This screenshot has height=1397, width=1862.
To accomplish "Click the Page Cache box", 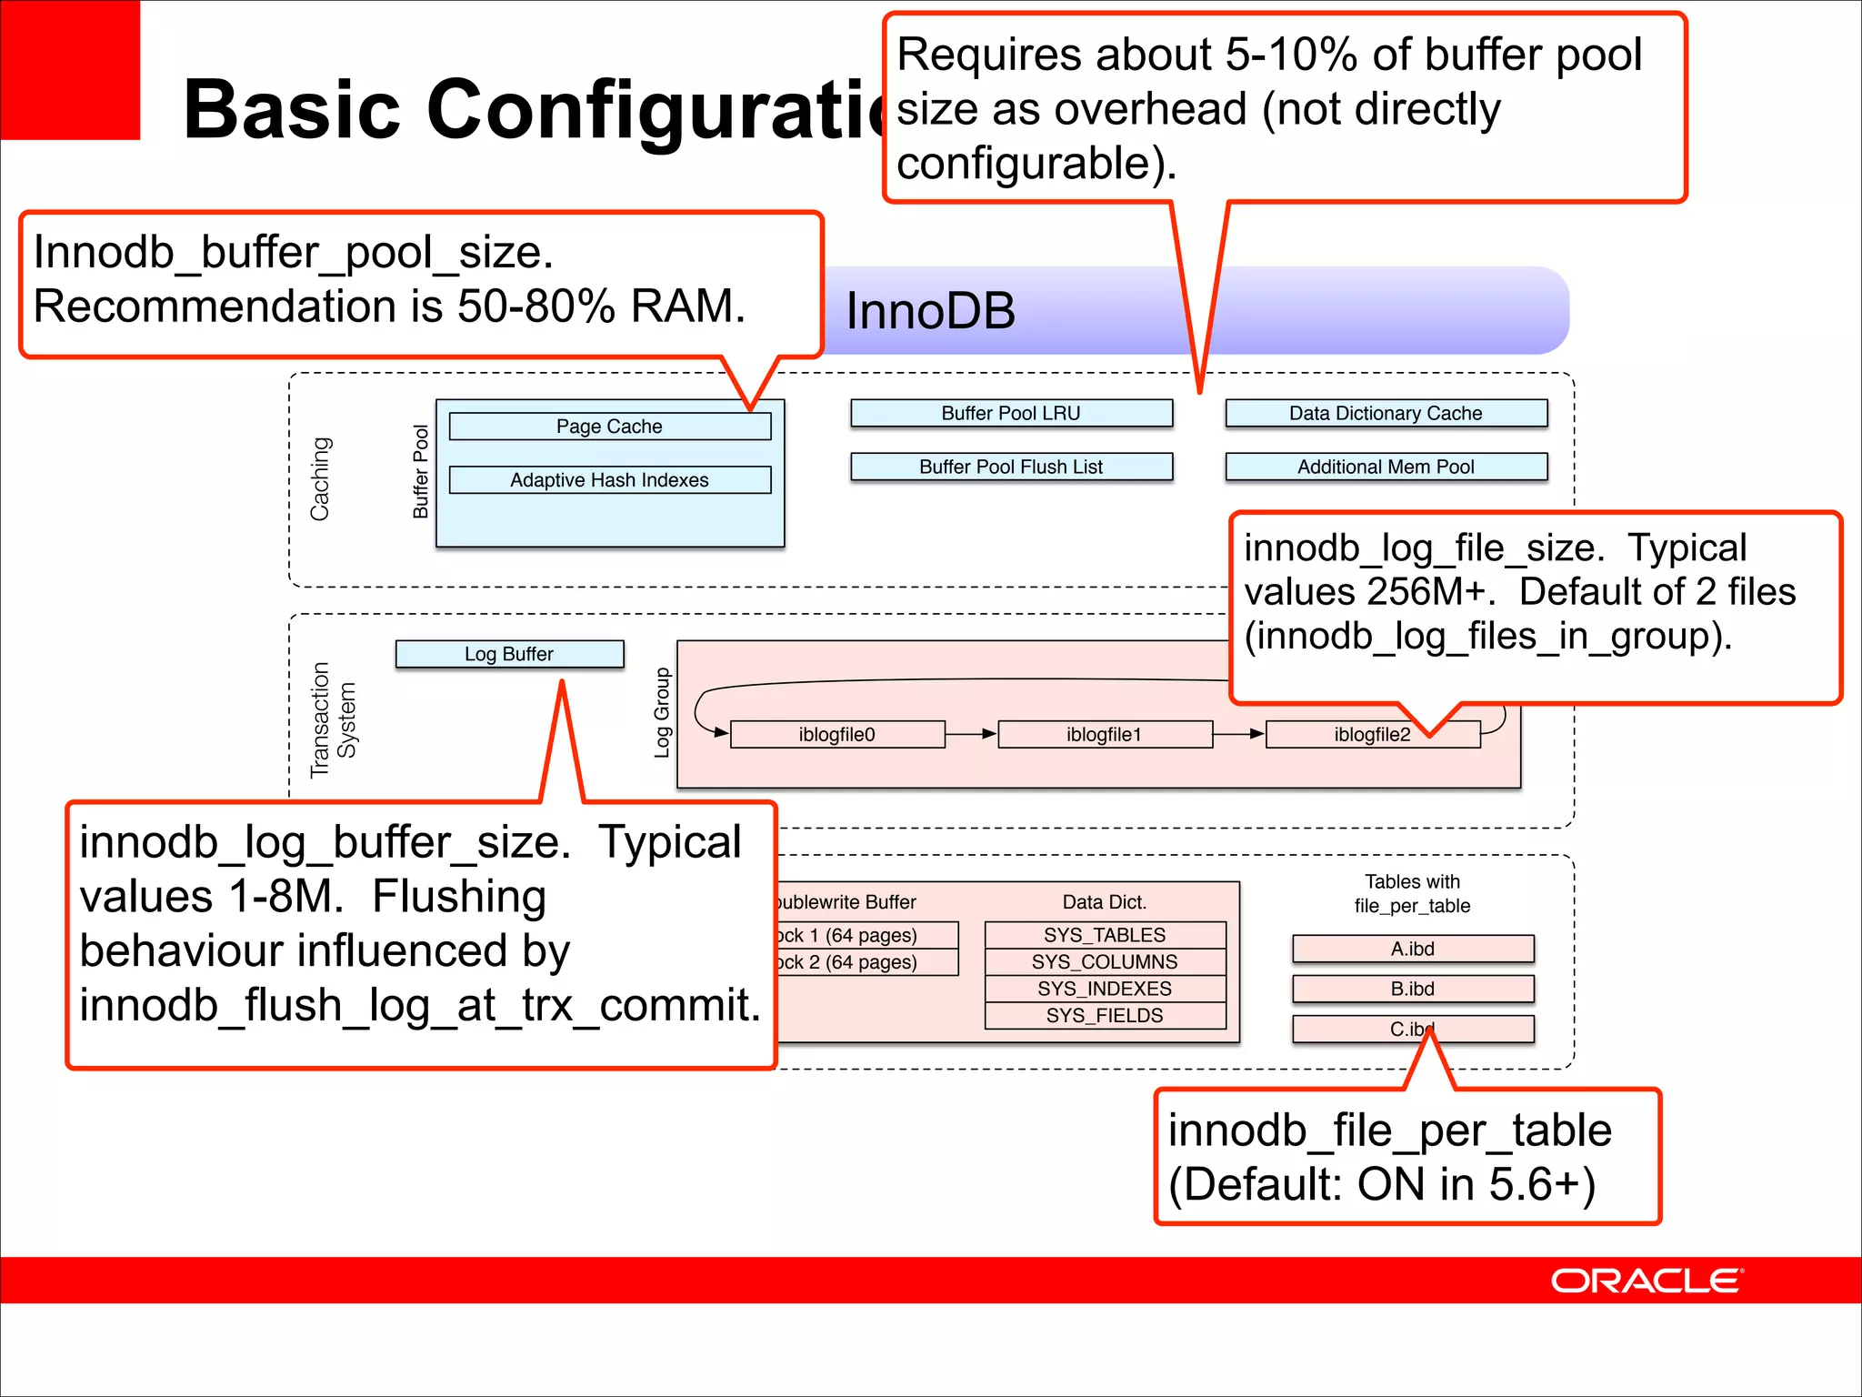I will point(609,427).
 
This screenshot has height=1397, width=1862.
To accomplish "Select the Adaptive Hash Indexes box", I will point(609,480).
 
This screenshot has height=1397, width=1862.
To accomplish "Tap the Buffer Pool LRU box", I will point(1011,413).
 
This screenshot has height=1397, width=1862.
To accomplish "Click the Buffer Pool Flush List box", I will point(1011,467).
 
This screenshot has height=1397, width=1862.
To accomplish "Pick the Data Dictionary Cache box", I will point(1386,413).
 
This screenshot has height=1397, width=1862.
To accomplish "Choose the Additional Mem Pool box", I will point(1386,467).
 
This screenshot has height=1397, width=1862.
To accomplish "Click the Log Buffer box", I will point(509,654).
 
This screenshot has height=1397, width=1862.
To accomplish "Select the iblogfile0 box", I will point(836,734).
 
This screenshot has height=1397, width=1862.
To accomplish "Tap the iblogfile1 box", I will point(1104,734).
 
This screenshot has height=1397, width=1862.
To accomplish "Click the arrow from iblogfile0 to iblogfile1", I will point(971,733).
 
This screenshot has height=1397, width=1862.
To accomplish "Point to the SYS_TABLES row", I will point(1105,935).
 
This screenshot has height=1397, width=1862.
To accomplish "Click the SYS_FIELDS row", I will point(1105,1015).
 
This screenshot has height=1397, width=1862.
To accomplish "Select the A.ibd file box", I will point(1412,949).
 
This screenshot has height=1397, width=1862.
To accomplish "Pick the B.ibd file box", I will point(1412,989).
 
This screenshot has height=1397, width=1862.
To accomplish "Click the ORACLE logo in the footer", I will point(1646,1281).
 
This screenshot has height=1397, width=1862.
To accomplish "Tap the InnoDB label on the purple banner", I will point(930,311).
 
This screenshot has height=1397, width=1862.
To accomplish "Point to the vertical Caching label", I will point(320,478).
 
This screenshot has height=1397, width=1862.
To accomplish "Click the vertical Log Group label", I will point(662,712).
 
